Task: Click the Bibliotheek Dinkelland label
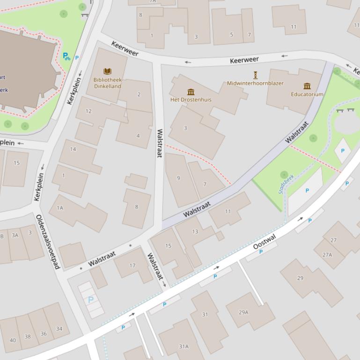click(107, 83)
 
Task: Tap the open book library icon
click(107, 72)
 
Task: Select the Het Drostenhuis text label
click(191, 100)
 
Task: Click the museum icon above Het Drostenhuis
click(191, 92)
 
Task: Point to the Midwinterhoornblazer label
click(255, 83)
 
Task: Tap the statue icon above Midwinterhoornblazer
click(255, 75)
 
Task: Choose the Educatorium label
click(307, 94)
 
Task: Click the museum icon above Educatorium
click(307, 86)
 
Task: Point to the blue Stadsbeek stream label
click(285, 184)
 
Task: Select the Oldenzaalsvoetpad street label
click(48, 242)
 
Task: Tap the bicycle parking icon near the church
click(66, 57)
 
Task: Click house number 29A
click(243, 312)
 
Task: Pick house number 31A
click(184, 346)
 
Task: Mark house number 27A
click(327, 255)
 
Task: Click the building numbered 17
click(132, 266)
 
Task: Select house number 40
click(13, 340)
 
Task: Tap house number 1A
click(59, 208)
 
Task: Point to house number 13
click(195, 231)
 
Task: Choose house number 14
click(73, 149)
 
